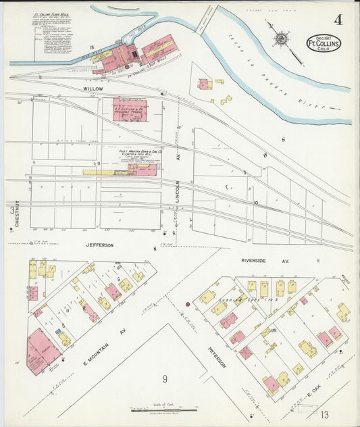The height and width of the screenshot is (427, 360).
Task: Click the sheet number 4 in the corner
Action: (337, 20)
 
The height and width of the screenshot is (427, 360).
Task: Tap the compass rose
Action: (280, 37)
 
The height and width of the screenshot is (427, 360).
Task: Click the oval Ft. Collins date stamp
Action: (324, 43)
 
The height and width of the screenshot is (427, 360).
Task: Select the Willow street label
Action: (93, 89)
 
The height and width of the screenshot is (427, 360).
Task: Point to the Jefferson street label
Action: (99, 245)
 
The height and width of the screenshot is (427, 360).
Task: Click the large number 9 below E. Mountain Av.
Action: (164, 379)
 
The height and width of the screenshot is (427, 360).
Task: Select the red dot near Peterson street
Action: (188, 304)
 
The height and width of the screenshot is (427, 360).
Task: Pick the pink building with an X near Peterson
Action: (246, 353)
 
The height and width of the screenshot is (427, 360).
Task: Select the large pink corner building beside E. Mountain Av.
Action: (42, 351)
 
